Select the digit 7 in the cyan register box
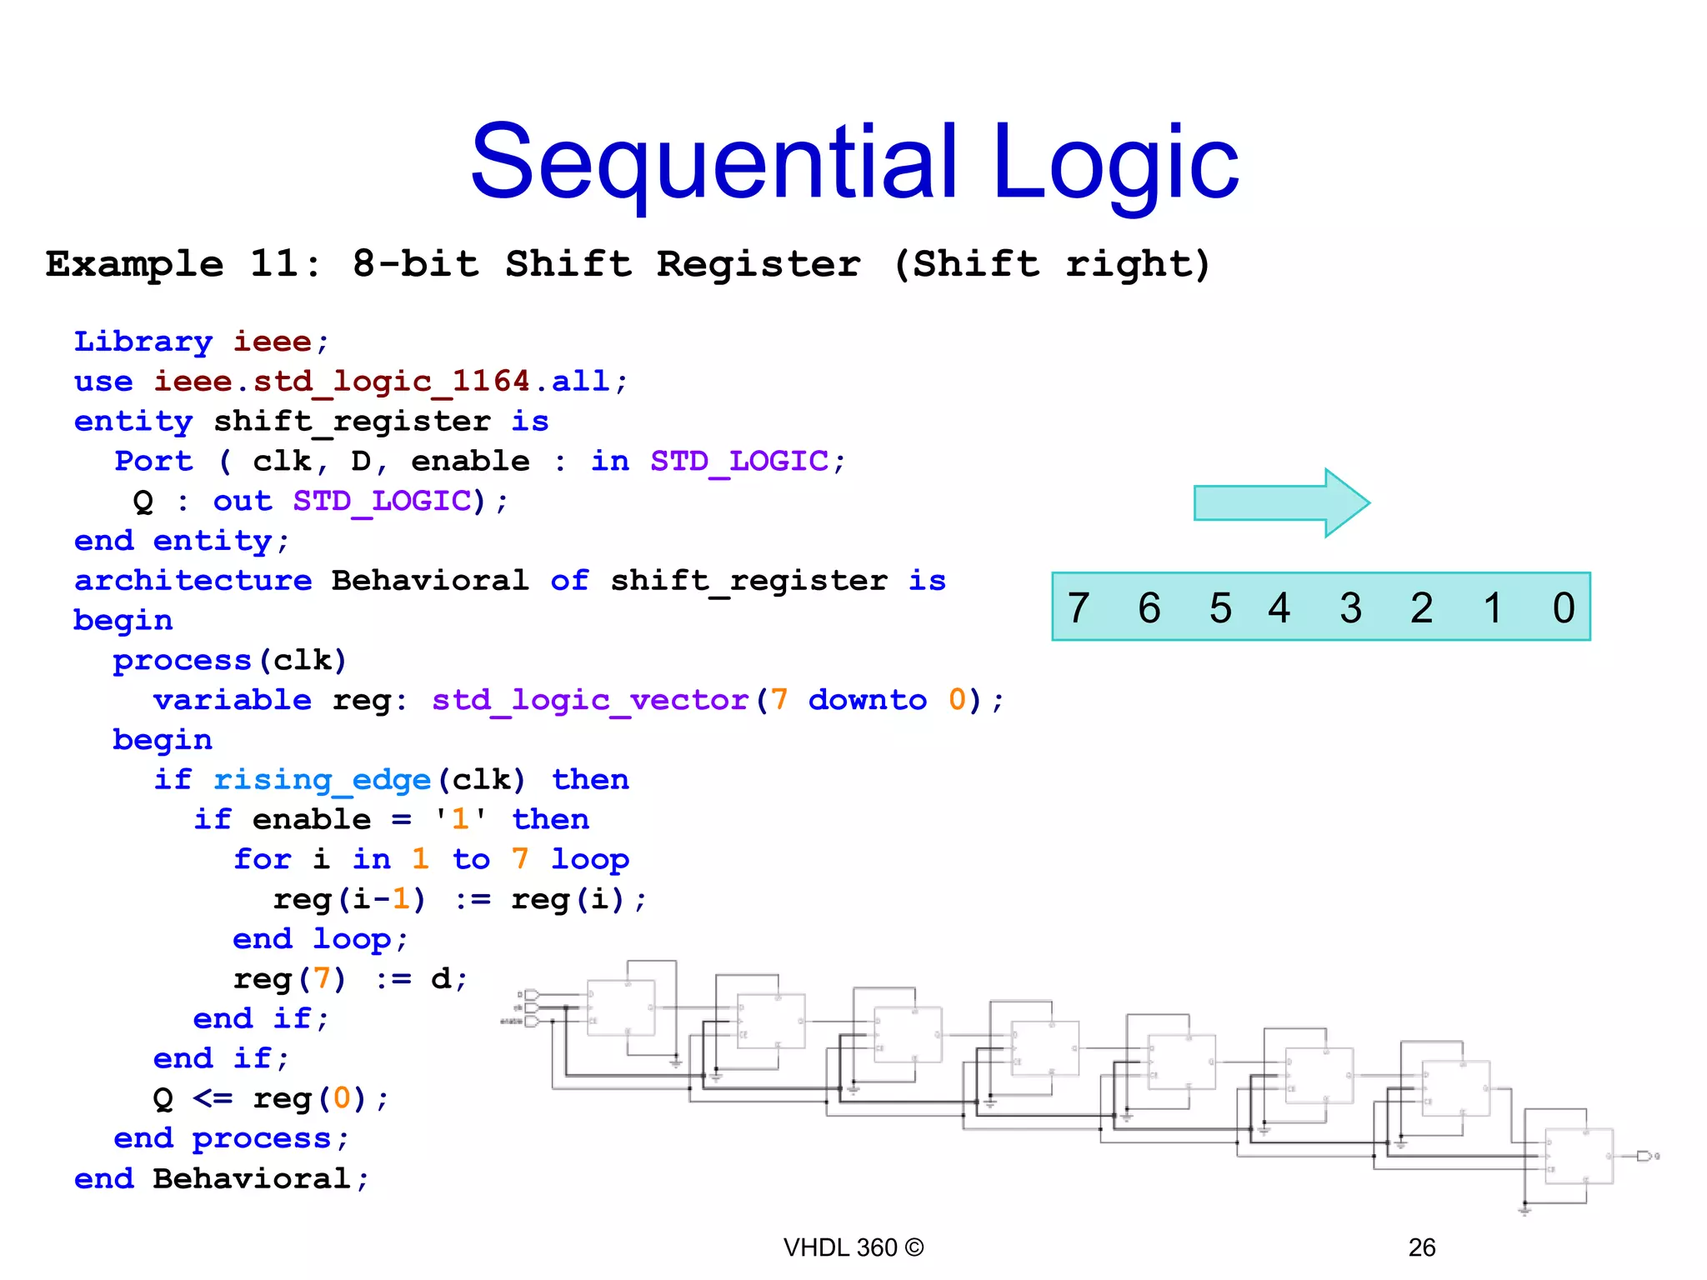(x=1079, y=607)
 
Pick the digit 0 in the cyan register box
(x=1564, y=607)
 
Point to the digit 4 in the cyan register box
(x=1279, y=607)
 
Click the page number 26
(x=1421, y=1247)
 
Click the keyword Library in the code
(x=143, y=342)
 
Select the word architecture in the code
(x=193, y=580)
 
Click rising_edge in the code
(x=322, y=780)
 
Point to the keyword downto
(x=867, y=700)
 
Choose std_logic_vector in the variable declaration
(x=590, y=700)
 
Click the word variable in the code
(x=232, y=700)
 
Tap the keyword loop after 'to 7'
(x=590, y=859)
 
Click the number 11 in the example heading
(x=274, y=264)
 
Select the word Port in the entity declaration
(x=153, y=461)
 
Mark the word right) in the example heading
(x=1138, y=264)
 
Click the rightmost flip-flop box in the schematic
(x=1579, y=1156)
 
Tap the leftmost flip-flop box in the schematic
(x=621, y=1007)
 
